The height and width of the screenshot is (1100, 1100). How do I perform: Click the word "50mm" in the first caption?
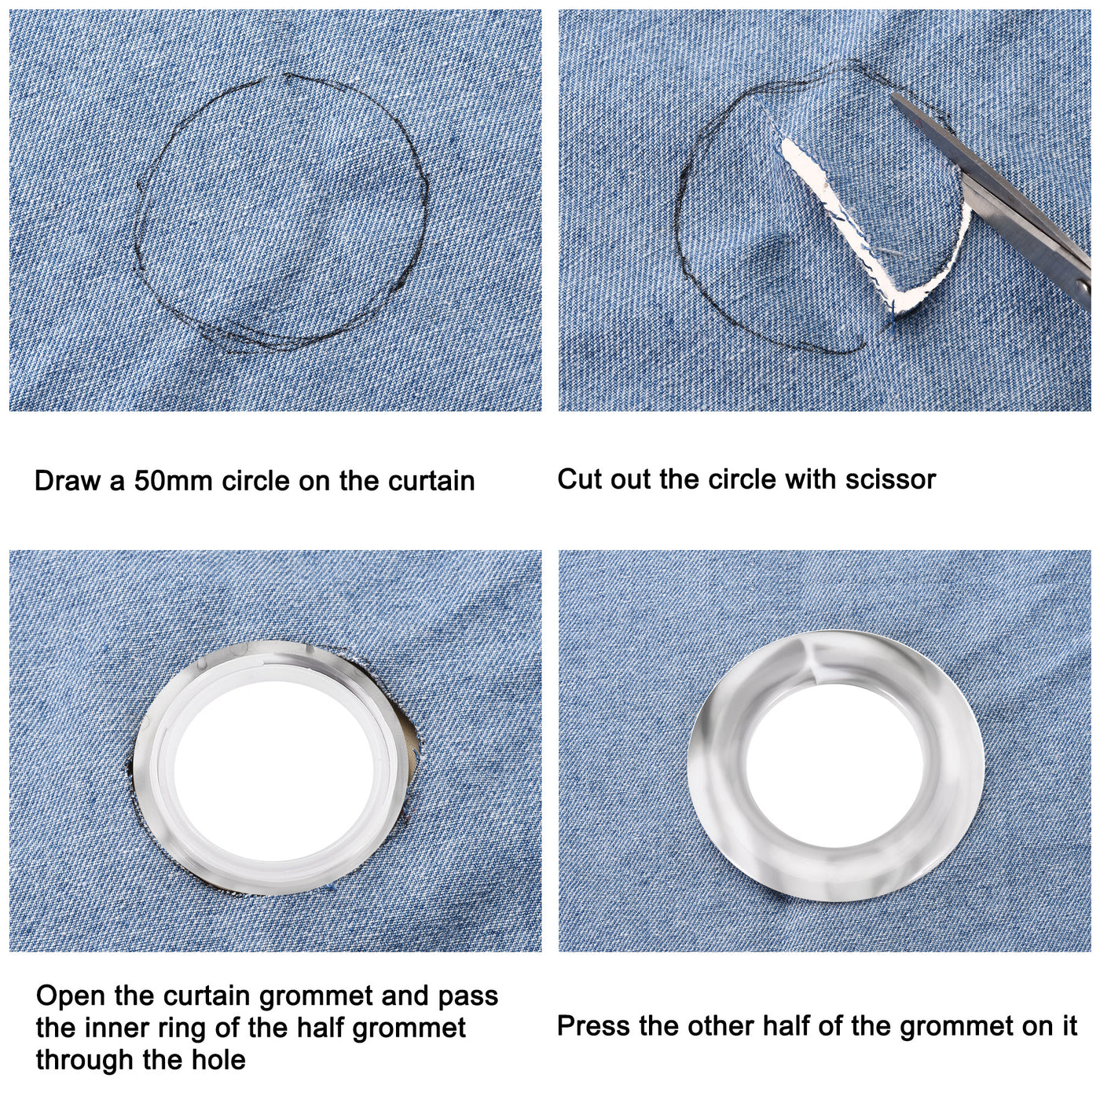tap(173, 481)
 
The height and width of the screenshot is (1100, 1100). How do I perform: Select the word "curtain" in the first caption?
tap(431, 481)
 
